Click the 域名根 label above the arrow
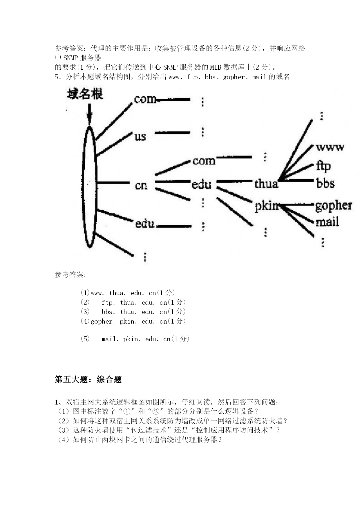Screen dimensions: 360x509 coord(85,94)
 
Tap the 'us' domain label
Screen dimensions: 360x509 coord(140,136)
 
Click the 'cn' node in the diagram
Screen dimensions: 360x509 coord(141,185)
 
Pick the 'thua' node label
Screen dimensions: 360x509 coord(266,183)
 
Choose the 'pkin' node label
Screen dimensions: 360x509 coord(266,206)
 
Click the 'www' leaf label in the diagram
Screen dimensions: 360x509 coord(330,147)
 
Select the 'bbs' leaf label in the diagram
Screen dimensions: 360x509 coord(325,183)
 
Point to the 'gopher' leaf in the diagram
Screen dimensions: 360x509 coord(334,206)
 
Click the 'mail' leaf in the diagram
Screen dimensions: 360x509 coord(327,222)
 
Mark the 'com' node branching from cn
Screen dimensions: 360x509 coord(204,161)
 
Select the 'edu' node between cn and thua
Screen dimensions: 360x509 coord(201,184)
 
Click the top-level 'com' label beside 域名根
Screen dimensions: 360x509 coord(145,99)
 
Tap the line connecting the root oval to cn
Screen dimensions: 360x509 coord(113,183)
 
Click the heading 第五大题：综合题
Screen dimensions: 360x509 coord(88,379)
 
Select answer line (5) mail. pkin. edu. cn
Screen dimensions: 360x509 coord(135,339)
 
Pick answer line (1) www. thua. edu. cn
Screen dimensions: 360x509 coord(128,293)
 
